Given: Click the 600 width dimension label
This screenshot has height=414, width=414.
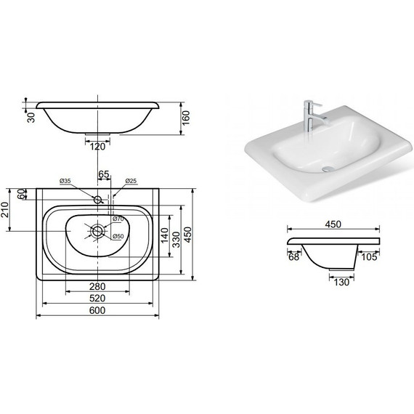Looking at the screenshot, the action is (97, 310).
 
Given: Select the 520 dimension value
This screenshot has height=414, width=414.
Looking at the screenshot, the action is (97, 299).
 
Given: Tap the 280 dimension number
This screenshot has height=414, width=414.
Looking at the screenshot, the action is (97, 286).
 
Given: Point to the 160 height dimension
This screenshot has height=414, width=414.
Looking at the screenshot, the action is (186, 118).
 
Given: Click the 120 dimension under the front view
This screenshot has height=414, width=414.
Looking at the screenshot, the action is (97, 147).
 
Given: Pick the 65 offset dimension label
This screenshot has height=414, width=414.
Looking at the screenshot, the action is (104, 174).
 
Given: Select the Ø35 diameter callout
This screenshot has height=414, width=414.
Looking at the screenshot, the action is (65, 181).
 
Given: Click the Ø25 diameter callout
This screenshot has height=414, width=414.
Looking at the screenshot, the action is (131, 181).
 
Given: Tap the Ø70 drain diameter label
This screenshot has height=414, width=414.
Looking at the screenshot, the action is (118, 219).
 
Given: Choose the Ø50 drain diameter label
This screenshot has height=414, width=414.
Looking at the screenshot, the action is (118, 236).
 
